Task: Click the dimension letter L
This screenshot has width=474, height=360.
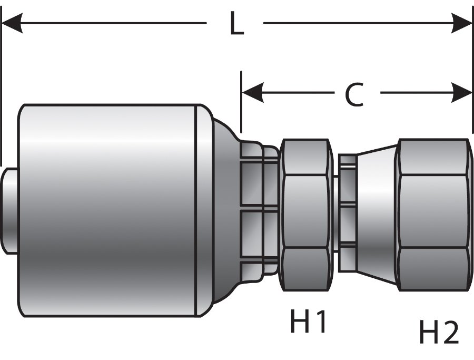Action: point(237,24)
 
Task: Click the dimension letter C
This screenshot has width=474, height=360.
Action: point(354,95)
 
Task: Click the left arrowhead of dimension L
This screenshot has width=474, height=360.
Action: point(12,23)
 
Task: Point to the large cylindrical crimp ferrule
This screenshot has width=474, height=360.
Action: point(108,211)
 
